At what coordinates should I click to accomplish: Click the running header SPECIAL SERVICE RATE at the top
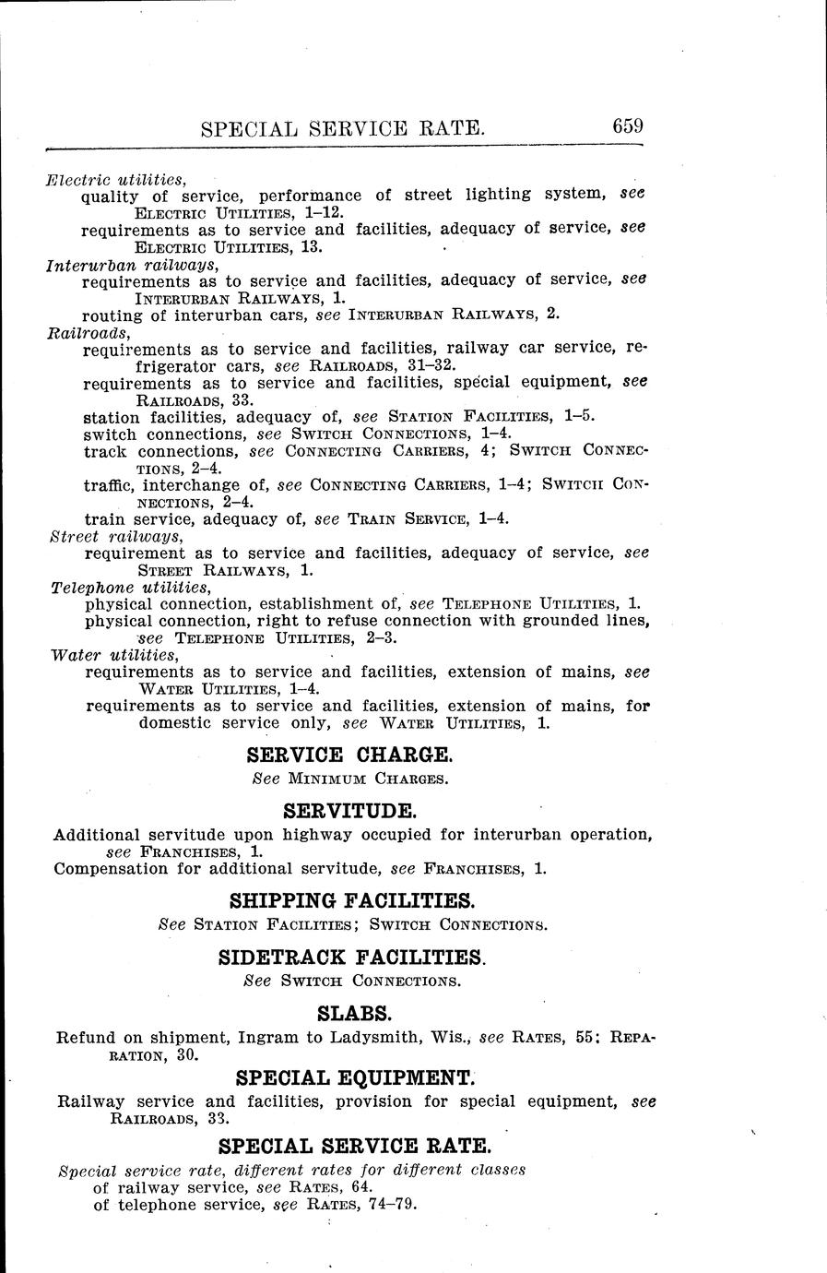343,128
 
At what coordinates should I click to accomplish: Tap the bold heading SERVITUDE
350,812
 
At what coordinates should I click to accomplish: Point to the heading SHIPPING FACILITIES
351,900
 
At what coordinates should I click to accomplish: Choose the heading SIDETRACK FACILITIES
351,958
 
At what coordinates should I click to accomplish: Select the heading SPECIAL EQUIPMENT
355,1077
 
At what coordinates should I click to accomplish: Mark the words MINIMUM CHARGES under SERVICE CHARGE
368,779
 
